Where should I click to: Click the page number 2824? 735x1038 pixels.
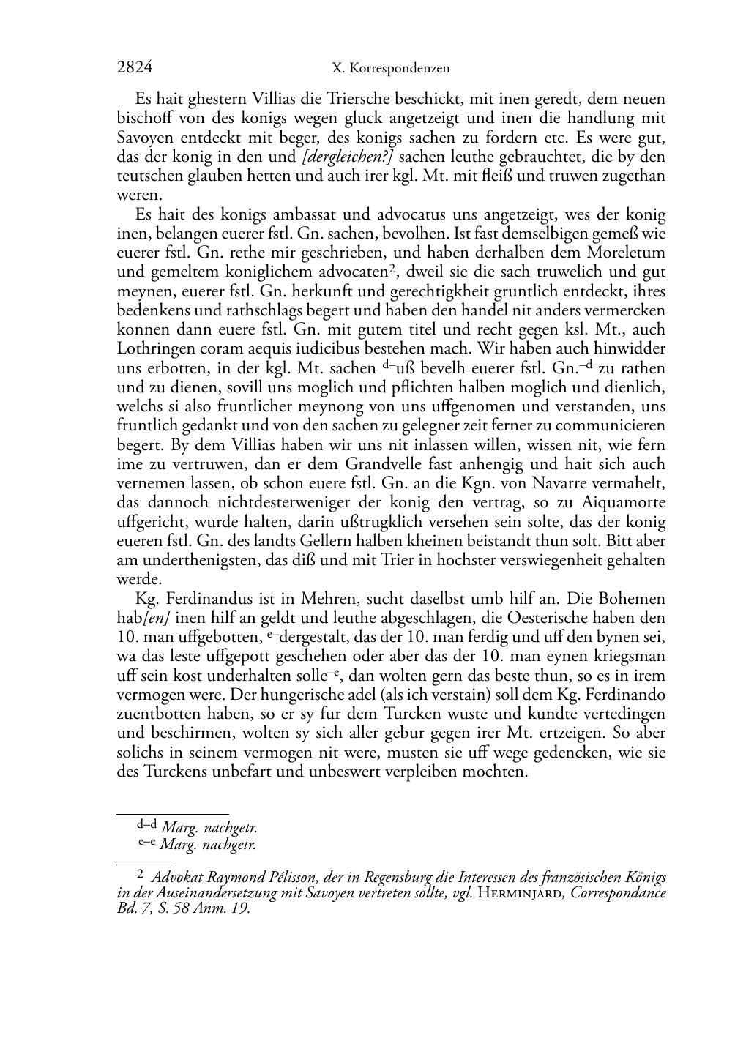tap(135, 68)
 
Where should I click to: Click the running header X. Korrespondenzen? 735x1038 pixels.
tap(390, 69)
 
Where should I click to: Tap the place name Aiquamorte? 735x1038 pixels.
tap(623, 502)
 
